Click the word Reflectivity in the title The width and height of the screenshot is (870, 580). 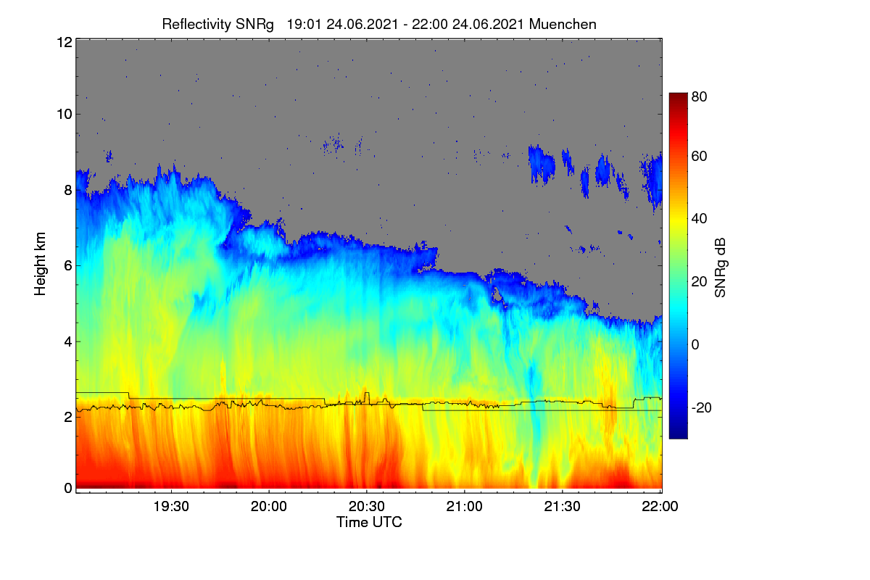(x=195, y=25)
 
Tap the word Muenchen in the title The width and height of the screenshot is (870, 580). (x=562, y=25)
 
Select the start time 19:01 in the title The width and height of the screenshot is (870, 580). (x=304, y=25)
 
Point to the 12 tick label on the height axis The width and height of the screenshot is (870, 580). (x=65, y=42)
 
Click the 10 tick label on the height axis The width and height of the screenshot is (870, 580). (x=65, y=115)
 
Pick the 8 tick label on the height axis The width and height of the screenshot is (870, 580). (x=68, y=190)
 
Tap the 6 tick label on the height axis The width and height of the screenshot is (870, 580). (x=68, y=266)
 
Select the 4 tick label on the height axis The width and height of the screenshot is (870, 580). (x=68, y=342)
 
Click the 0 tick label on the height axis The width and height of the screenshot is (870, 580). (x=68, y=489)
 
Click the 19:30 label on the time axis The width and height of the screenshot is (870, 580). (x=171, y=506)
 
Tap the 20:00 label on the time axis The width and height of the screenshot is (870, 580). (x=269, y=506)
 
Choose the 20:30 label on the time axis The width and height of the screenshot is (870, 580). (x=367, y=506)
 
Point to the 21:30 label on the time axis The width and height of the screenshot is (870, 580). (x=562, y=506)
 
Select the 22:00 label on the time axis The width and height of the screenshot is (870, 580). (x=660, y=506)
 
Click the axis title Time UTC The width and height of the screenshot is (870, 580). (x=369, y=522)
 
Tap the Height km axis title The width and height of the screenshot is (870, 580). (x=40, y=264)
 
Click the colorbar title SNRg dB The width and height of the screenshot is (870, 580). (x=720, y=268)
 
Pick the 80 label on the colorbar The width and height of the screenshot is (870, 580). (x=699, y=96)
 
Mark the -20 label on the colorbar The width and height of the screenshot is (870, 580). (x=702, y=408)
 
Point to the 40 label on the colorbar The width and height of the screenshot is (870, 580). (x=699, y=219)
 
